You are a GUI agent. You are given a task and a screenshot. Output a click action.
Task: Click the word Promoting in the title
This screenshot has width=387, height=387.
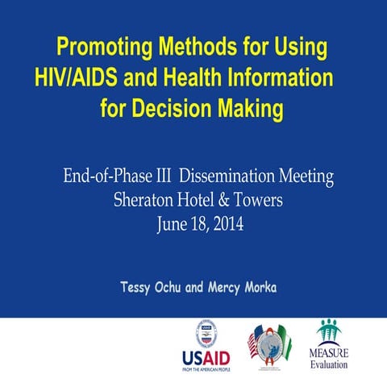(x=104, y=46)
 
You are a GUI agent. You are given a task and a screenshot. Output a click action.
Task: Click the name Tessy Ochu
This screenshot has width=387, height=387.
(x=153, y=288)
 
